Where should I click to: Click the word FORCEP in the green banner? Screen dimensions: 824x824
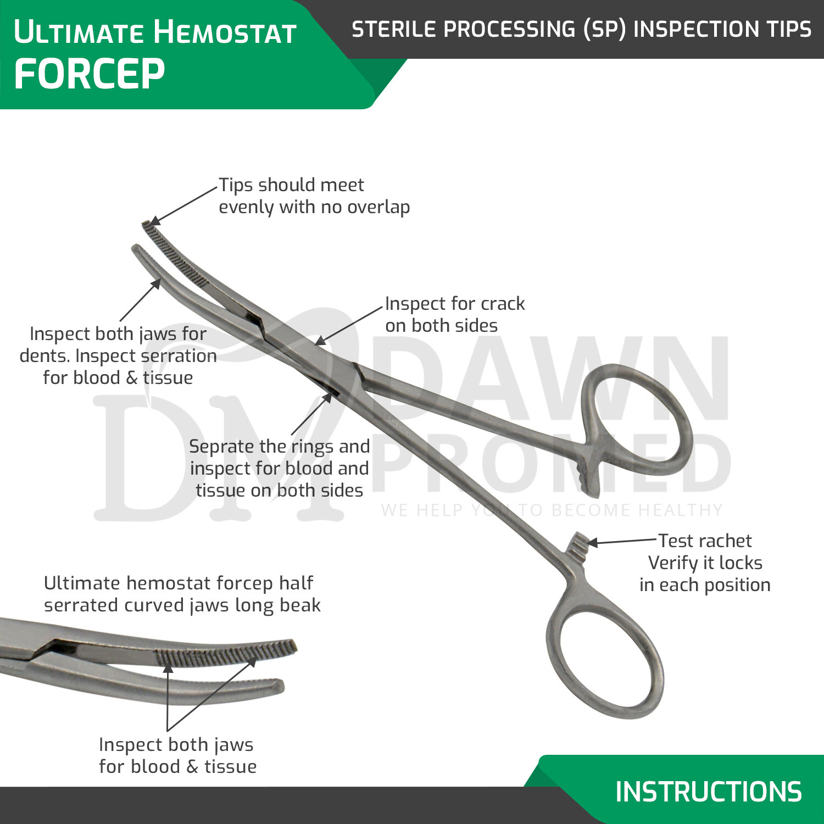point(89,74)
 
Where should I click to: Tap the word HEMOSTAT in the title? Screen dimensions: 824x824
point(225,32)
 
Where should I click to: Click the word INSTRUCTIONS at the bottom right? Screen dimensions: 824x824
point(708,792)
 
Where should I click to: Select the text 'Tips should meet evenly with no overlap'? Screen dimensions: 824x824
point(314,196)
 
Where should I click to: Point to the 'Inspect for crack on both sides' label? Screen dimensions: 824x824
point(454,314)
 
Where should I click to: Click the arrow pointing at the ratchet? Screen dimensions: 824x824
point(621,542)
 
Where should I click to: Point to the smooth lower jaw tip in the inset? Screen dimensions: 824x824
point(269,687)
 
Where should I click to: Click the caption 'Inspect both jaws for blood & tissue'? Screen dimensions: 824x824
point(177,755)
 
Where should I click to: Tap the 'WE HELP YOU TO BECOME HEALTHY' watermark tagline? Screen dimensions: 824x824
point(552,510)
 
